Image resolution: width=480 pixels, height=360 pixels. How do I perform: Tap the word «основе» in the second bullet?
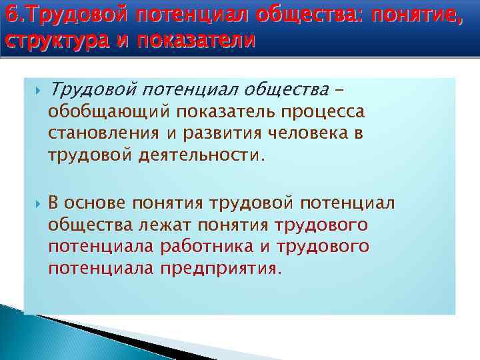click(97, 202)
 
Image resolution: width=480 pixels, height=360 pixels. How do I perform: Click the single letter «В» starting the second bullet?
click(55, 202)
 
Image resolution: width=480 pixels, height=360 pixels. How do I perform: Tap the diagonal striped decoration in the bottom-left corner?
click(60, 333)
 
